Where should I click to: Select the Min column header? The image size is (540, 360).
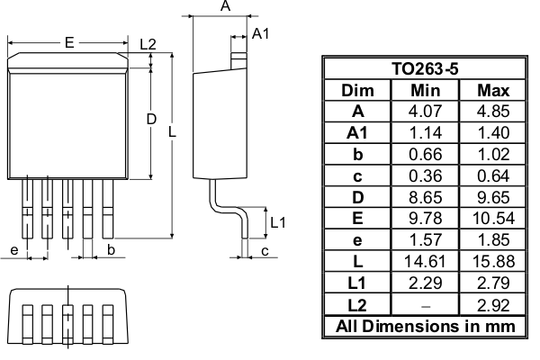(425, 90)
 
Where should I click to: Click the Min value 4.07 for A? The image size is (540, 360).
(425, 112)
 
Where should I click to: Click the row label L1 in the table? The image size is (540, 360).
(357, 283)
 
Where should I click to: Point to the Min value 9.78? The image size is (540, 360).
(425, 219)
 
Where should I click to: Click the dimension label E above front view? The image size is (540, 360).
(68, 42)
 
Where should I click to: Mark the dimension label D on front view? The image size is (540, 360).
(151, 120)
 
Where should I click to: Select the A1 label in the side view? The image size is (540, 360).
(260, 33)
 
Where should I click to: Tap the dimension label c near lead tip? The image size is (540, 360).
(265, 250)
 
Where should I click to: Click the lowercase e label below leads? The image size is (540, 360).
(14, 249)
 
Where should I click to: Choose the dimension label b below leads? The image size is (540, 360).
(111, 249)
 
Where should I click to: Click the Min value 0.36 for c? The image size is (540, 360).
(425, 175)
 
